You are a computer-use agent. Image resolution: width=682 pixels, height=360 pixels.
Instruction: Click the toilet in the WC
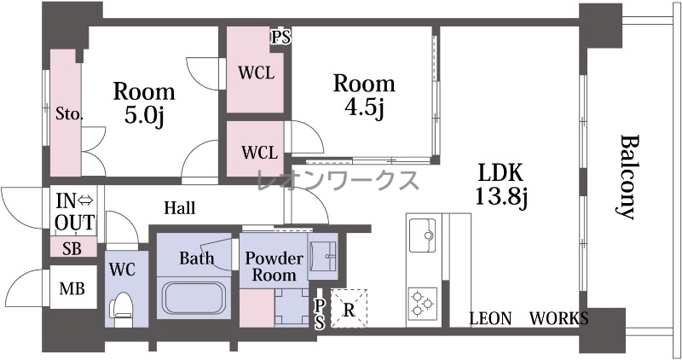(121, 309)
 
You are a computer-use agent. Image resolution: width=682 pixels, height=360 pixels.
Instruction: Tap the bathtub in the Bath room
(194, 299)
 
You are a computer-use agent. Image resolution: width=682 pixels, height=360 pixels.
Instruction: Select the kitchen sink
(422, 235)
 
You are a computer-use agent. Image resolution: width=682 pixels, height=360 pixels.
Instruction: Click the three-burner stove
(422, 302)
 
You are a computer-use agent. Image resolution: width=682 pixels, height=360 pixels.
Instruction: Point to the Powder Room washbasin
(323, 256)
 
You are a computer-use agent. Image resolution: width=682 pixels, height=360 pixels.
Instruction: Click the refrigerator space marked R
(349, 309)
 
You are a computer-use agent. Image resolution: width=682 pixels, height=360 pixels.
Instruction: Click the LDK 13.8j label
(501, 184)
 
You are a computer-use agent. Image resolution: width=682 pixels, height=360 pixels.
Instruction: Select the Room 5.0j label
(144, 102)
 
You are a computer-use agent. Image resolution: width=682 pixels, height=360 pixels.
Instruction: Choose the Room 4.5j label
(364, 96)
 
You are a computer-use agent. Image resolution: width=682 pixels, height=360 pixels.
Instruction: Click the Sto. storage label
(69, 114)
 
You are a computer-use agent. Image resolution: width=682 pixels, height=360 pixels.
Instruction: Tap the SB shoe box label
(72, 248)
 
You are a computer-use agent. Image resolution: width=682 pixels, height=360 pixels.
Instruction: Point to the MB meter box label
(72, 288)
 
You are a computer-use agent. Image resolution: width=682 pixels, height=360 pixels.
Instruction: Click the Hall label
(180, 208)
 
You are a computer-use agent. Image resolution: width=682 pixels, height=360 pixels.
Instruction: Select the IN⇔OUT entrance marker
(75, 212)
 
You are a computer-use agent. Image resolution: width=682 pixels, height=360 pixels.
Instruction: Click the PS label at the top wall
(281, 37)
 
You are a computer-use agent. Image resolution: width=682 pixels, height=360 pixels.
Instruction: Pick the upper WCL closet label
(257, 73)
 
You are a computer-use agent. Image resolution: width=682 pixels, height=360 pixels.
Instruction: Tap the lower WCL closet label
(259, 153)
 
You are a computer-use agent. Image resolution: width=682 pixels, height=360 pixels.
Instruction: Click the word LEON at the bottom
(490, 319)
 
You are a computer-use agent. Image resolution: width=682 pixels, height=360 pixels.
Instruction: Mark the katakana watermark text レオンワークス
(338, 180)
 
